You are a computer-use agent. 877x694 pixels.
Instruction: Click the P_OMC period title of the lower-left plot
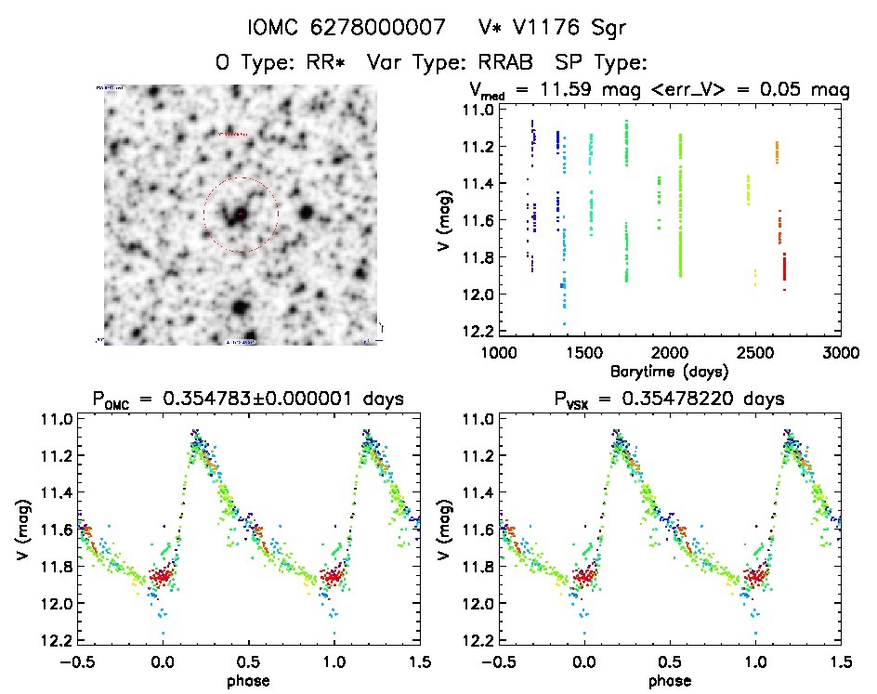[246, 399]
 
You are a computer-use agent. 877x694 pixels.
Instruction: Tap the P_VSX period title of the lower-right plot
[669, 399]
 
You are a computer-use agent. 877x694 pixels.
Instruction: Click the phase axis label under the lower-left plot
[248, 679]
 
